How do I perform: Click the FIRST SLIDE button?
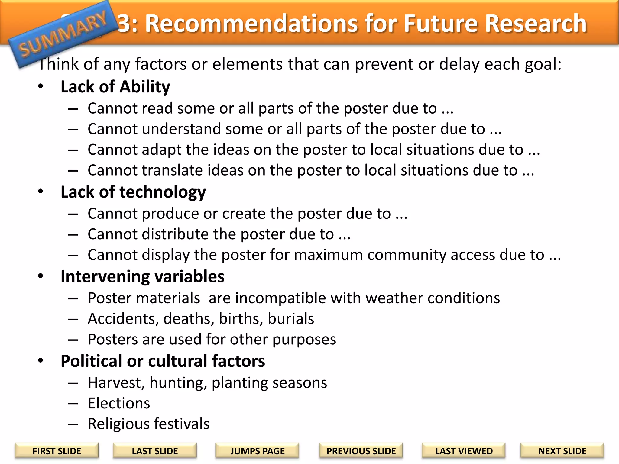(57, 451)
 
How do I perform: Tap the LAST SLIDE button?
(155, 451)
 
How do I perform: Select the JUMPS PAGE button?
(257, 451)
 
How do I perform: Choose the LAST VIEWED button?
(464, 451)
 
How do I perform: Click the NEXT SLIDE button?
(562, 451)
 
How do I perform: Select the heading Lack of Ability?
(115, 87)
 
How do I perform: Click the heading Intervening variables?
(142, 276)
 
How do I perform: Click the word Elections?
(119, 403)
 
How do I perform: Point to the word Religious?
(122, 424)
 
